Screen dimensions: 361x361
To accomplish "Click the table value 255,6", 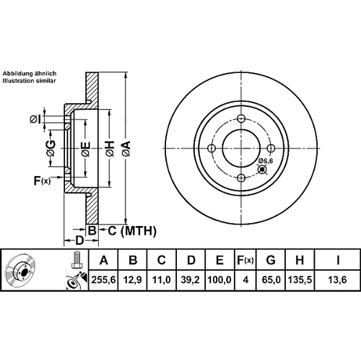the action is tap(104, 280).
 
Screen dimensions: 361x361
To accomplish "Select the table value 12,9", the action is tap(133, 280).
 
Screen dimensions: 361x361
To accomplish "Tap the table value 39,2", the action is tap(191, 280).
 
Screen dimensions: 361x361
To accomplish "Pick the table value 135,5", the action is tap(300, 280).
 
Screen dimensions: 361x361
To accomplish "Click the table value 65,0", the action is tap(271, 280).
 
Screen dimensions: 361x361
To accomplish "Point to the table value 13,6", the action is tap(337, 280).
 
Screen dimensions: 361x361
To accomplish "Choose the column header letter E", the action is tap(219, 260).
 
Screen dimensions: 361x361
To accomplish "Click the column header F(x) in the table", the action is tap(245, 260).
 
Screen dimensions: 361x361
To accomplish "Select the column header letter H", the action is tap(300, 260).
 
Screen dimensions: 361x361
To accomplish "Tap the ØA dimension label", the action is tap(126, 149).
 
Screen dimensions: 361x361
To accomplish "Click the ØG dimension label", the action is tap(51, 148).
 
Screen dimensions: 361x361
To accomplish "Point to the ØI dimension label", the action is tap(35, 119).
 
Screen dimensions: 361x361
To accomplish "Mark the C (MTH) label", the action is tap(132, 231).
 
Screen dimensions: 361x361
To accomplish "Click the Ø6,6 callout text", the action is tap(266, 161).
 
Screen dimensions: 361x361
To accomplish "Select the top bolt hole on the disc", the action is tap(241, 118).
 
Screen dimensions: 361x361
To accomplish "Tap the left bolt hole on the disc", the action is tap(212, 148).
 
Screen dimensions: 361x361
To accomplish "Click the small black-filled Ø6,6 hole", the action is tap(262, 170).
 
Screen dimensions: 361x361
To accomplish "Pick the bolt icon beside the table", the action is tap(77, 259).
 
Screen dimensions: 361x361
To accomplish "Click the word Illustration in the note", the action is tap(19, 81).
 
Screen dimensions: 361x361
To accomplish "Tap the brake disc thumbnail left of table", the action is tap(20, 270).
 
